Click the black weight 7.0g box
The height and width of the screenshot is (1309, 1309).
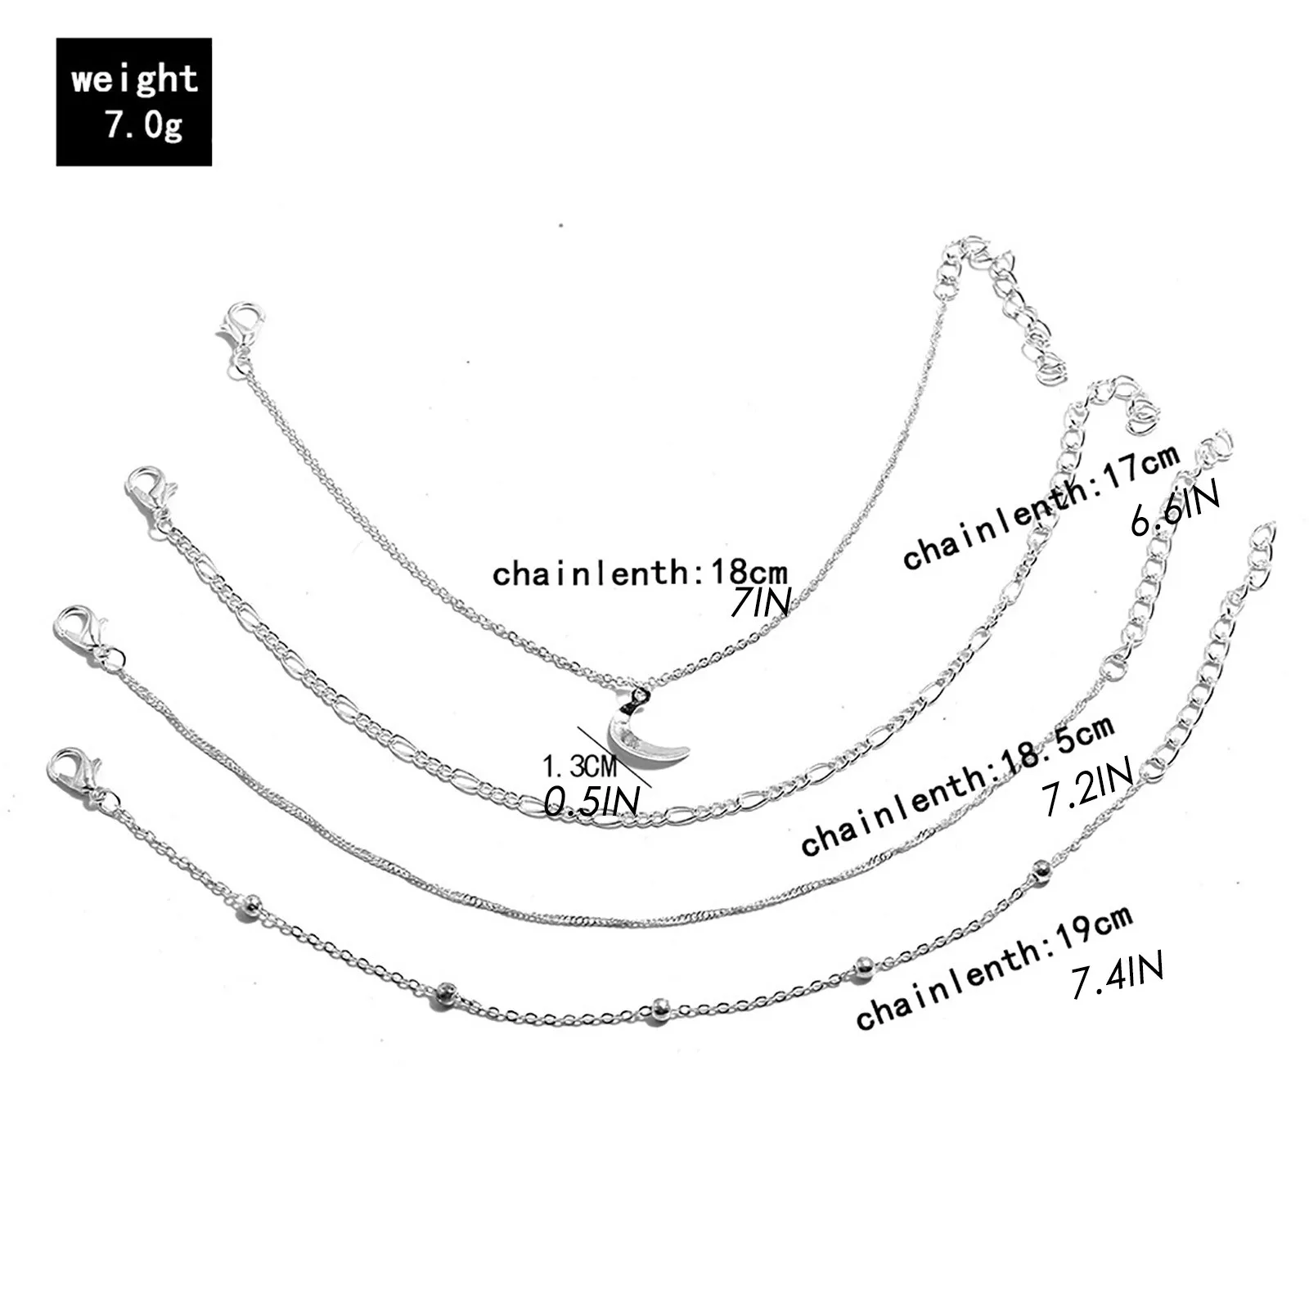point(133,101)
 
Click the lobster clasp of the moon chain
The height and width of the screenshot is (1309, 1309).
point(241,326)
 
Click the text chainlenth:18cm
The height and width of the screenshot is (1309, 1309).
point(640,572)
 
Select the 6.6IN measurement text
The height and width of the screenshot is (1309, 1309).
point(1175,509)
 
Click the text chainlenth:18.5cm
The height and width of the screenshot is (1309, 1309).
point(957,785)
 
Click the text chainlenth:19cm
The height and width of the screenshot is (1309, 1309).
point(993,966)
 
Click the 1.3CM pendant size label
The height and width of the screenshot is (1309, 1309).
point(578,767)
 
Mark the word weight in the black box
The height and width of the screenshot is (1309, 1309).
point(134,80)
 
